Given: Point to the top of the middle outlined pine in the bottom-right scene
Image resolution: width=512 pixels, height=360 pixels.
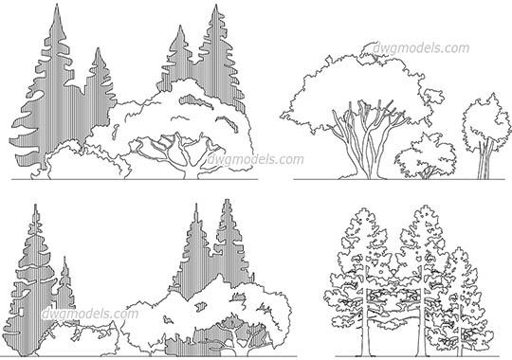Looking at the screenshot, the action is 415,207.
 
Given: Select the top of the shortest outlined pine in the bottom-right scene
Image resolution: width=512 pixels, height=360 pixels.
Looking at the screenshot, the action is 458,249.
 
